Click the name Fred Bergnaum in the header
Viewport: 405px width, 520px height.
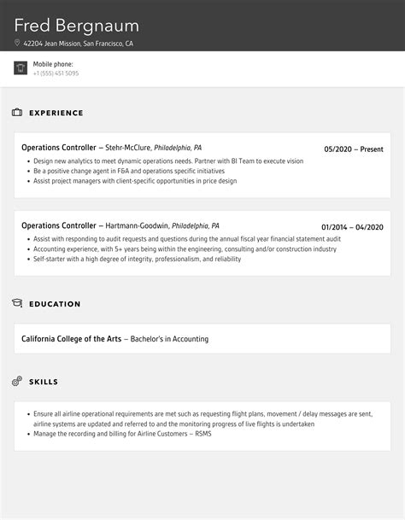(76, 26)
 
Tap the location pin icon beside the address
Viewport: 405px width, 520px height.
(17, 44)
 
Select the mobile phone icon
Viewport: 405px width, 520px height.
(21, 68)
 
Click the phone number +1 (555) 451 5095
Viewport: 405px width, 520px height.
(56, 73)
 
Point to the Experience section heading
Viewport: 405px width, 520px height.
(56, 113)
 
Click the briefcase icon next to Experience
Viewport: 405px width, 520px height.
(17, 113)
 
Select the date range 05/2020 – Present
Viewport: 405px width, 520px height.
(354, 149)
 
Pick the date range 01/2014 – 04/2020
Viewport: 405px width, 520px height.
(352, 226)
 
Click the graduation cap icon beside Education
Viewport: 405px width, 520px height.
(17, 304)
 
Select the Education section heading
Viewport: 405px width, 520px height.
(55, 304)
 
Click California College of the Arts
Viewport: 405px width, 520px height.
(71, 339)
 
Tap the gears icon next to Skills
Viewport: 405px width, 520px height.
(17, 381)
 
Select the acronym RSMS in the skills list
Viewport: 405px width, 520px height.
(202, 434)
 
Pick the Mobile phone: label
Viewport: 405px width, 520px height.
(53, 64)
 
